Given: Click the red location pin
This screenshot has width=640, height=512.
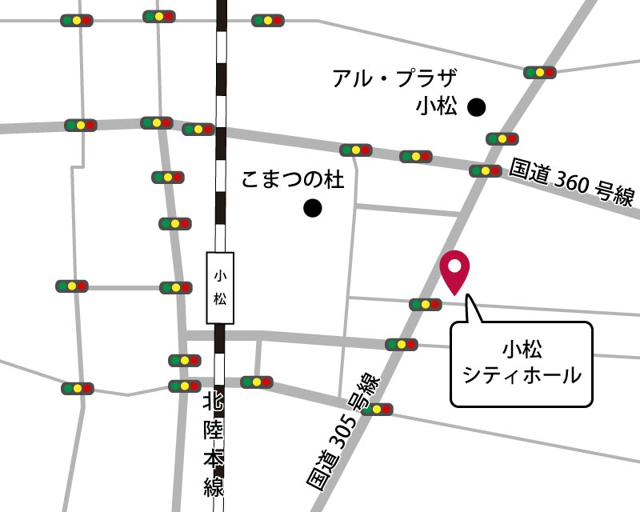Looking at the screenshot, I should [x=455, y=270].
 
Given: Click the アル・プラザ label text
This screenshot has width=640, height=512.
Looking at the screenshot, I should [x=394, y=79].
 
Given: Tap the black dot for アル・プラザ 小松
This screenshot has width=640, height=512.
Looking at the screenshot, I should [x=477, y=106].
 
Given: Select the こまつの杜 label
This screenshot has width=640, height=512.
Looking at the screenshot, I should [x=292, y=180].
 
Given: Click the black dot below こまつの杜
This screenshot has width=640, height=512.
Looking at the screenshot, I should [x=312, y=210].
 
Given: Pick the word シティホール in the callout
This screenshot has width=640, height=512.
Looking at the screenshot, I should [x=522, y=374].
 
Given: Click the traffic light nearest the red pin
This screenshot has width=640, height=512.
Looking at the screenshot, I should [x=425, y=304].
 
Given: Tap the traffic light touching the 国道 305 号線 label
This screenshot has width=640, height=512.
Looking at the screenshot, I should [x=376, y=409].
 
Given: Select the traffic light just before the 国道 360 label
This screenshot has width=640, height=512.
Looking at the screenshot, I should [x=486, y=170].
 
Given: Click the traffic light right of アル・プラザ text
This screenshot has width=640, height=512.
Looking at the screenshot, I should [x=540, y=72].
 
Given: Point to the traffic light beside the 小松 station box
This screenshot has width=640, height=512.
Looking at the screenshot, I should [x=176, y=287].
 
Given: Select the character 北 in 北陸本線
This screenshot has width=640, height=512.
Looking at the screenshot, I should [x=213, y=400].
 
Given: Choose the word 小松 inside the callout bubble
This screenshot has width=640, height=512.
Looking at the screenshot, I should [x=522, y=348].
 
